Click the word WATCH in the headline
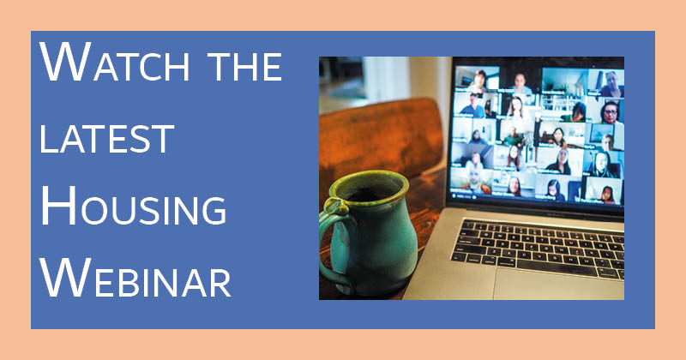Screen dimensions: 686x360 click(x=116, y=62)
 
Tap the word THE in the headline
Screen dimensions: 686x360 click(x=245, y=67)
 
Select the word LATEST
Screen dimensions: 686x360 click(x=107, y=139)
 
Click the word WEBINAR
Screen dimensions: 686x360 click(x=135, y=278)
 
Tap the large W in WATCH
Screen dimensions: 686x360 click(x=66, y=62)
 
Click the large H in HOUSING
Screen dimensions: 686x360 click(x=58, y=205)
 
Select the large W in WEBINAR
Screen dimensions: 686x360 click(x=66, y=278)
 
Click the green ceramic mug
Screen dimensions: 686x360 click(x=369, y=231)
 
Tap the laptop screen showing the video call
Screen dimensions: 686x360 click(x=539, y=134)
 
